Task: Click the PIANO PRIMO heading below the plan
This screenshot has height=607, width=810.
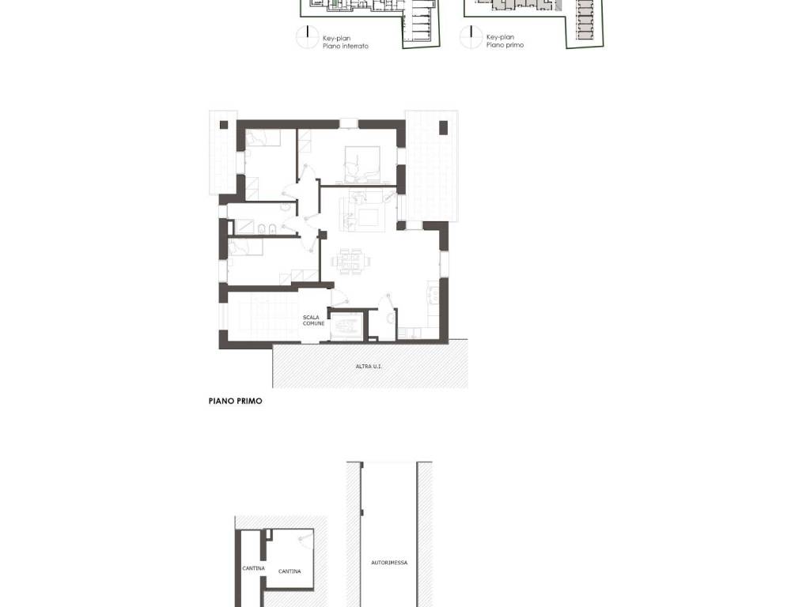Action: pos(236,401)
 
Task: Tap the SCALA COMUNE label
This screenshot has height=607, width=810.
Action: pos(313,321)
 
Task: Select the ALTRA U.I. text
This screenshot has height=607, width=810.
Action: pos(369,367)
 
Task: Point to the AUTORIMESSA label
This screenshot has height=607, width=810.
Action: pos(389,563)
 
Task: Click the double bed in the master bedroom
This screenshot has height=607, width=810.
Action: pos(362,164)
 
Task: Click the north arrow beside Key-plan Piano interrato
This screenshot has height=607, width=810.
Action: pos(308,38)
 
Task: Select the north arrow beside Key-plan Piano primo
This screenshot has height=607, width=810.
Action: pos(471,37)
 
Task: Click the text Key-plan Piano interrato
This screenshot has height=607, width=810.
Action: pos(345,42)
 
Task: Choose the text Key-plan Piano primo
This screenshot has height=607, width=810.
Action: pos(505,41)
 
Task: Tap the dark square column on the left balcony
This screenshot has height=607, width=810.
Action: pos(224,125)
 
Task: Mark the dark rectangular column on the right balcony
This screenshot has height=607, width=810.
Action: pos(443,127)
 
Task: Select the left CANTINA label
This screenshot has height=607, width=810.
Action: pos(254,568)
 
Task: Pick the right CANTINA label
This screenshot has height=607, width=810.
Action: pos(290,571)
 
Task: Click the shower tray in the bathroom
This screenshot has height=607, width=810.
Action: pos(244,228)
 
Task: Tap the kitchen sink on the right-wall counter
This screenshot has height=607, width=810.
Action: pos(433,295)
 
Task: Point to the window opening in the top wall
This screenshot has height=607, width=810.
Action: pos(349,124)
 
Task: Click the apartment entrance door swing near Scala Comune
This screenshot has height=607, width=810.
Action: pos(339,297)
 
